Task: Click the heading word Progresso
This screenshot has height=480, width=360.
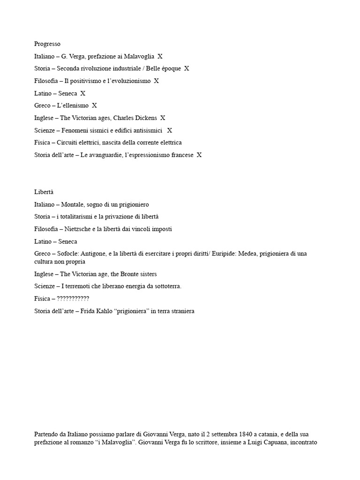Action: [x=47, y=44]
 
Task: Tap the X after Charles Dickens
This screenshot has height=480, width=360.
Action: [x=163, y=118]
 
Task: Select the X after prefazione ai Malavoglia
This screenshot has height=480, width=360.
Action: [x=160, y=56]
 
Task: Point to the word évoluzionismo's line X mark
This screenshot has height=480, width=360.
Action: [x=157, y=81]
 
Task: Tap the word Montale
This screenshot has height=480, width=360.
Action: [x=73, y=204]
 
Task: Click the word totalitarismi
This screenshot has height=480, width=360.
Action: [x=82, y=217]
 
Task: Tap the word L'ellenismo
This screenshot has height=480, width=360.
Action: [x=73, y=105]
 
